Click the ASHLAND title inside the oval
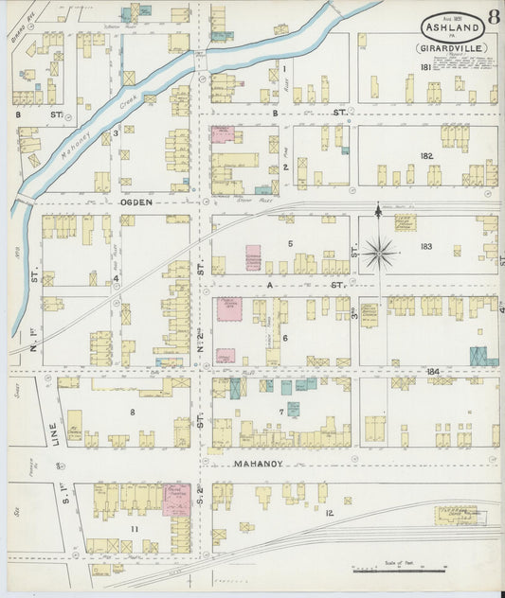[x=444, y=28]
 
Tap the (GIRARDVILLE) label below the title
[x=443, y=46]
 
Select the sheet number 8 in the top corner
[x=493, y=16]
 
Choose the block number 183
[x=426, y=246]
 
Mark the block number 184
[x=435, y=371]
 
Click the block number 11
[x=135, y=528]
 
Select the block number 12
[x=329, y=513]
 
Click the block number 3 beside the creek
[x=116, y=132]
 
